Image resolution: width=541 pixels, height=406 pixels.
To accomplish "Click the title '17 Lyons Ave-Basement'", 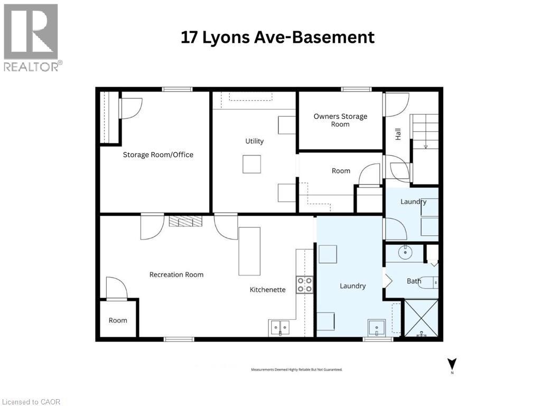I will click(277, 38).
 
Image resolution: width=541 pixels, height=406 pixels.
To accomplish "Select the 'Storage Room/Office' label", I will click(158, 155).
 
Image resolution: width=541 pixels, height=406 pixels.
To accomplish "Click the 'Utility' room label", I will click(254, 141).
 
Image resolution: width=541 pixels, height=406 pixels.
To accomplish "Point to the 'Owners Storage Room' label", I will click(340, 120).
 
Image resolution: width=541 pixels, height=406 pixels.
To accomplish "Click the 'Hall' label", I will click(398, 134).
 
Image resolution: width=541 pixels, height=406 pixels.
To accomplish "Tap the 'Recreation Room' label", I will click(176, 274).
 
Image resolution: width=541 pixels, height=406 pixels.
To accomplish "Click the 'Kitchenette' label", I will click(268, 290).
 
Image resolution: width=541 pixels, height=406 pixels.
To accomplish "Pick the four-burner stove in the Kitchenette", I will click(304, 284).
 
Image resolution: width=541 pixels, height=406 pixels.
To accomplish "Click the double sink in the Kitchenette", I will click(280, 328).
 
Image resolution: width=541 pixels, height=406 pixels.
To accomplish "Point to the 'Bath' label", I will click(414, 281).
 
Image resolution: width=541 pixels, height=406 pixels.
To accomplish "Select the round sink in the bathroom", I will click(405, 253).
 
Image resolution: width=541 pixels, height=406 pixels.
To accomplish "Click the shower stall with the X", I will click(421, 318).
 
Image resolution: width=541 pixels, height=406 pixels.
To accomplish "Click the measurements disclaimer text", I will click(296, 370).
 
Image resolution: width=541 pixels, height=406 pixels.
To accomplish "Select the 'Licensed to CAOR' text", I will click(31, 402).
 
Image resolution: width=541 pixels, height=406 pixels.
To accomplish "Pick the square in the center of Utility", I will click(251, 164).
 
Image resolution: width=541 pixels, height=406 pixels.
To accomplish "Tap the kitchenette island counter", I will click(249, 251).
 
